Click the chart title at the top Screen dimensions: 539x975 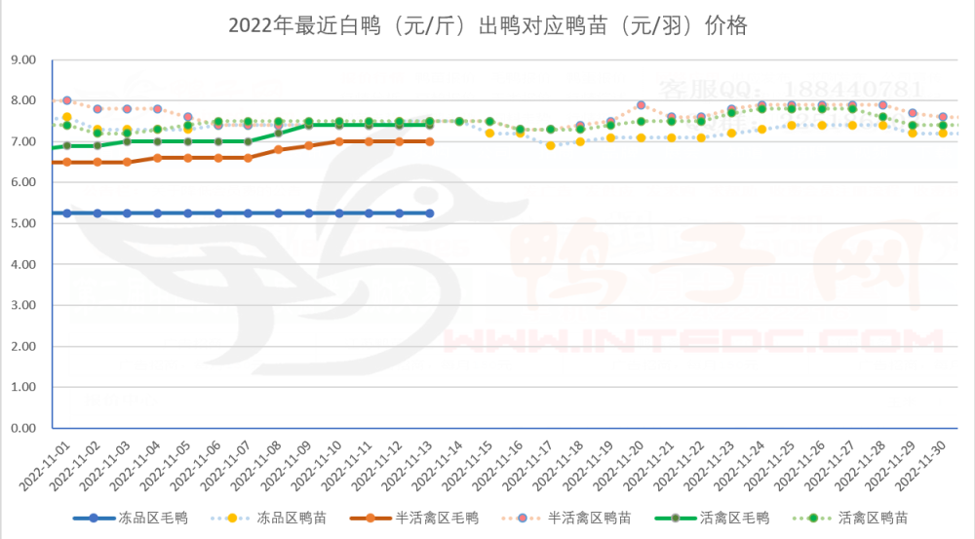click(x=487, y=25)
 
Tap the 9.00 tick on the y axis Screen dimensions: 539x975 click(x=22, y=59)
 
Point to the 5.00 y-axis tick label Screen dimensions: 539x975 click(x=22, y=223)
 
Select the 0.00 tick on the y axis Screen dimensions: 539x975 click(x=22, y=428)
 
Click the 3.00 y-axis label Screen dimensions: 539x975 click(x=22, y=305)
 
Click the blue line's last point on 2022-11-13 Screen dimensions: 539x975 click(x=429, y=213)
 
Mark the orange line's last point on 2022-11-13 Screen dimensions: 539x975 click(x=429, y=141)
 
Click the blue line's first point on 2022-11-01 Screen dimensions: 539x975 click(x=66, y=213)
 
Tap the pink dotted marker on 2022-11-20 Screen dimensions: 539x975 click(x=641, y=105)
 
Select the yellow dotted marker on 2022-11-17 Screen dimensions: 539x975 click(x=550, y=145)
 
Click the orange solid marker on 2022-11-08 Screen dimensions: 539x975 click(x=278, y=149)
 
